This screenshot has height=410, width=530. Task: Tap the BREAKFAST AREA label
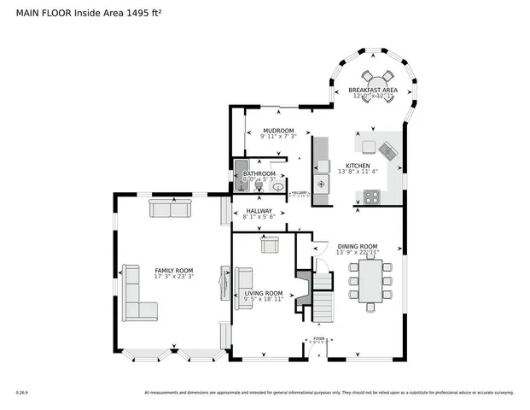[x=372, y=89]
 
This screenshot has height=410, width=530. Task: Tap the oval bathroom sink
[x=277, y=185]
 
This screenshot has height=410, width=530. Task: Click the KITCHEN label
[x=357, y=165]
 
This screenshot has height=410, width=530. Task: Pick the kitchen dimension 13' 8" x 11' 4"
[x=357, y=172]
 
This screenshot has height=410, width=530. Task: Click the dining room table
[x=370, y=282]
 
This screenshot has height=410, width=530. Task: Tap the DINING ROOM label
[x=357, y=246]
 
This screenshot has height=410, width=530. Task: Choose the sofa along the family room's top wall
[x=171, y=208]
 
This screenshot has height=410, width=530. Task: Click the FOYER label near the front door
[x=318, y=338]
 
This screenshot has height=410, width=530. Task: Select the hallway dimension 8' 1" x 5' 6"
[x=259, y=217]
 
